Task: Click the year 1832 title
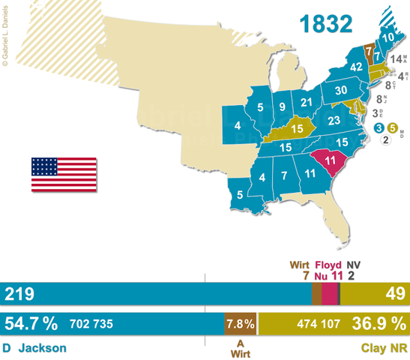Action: point(326,23)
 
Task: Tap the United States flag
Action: point(64,175)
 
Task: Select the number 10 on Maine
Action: point(388,34)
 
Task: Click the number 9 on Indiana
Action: point(280,106)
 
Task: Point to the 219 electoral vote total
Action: point(16,294)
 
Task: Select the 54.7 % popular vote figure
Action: point(31,324)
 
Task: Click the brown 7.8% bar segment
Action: point(240,324)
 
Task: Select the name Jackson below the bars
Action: point(43,348)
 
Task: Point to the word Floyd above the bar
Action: point(328,265)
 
